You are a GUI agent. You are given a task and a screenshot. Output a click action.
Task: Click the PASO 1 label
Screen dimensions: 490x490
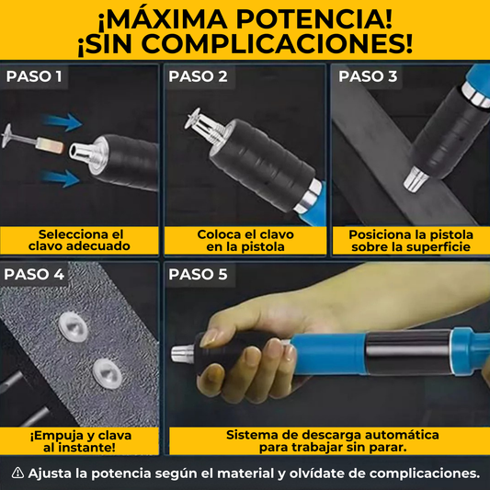pyautogui.click(x=34, y=76)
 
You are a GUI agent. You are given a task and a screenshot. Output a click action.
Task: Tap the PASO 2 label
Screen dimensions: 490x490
pyautogui.click(x=197, y=76)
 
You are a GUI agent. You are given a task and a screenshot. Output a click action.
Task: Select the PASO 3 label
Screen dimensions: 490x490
pyautogui.click(x=367, y=76)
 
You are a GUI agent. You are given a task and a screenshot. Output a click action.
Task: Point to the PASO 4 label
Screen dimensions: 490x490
pyautogui.click(x=34, y=274)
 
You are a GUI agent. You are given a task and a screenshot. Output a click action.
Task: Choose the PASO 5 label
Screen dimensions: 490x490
pyautogui.click(x=198, y=274)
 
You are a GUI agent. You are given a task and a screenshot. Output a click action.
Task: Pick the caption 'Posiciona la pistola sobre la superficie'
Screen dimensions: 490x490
pyautogui.click(x=409, y=240)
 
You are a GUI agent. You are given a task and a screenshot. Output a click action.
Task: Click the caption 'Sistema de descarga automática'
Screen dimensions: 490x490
pyautogui.click(x=332, y=434)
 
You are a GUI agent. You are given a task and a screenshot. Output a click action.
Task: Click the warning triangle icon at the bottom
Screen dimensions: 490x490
pyautogui.click(x=17, y=473)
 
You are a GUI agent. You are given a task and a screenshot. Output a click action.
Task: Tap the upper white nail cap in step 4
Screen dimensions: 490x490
pyautogui.click(x=71, y=324)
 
